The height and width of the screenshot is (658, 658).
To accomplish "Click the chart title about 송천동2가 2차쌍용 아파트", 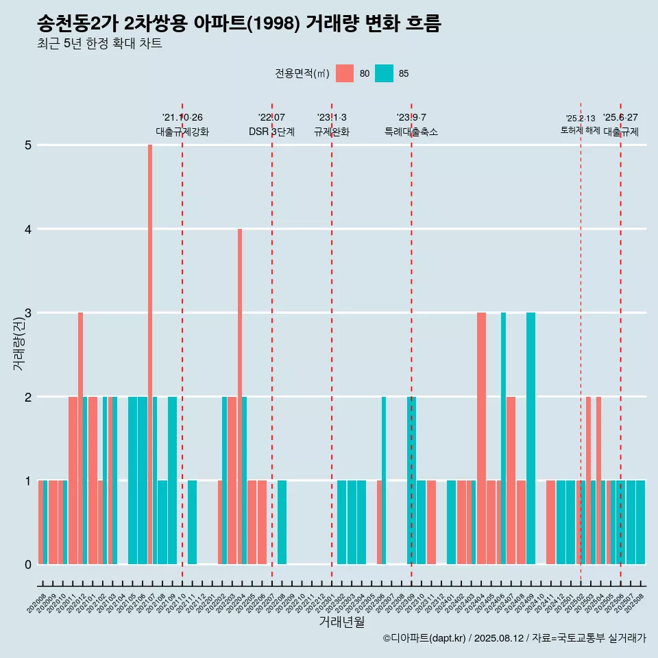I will click(239, 24).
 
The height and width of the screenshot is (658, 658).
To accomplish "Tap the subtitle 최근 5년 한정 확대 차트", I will click(99, 45).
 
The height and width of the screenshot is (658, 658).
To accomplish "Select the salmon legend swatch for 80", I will click(345, 73).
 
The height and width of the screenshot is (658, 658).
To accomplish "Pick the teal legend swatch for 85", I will click(385, 73).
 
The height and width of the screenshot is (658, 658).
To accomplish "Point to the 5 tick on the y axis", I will click(28, 145).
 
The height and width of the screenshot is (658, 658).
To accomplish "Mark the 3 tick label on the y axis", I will click(28, 313).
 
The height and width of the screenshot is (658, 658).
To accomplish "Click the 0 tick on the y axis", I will click(28, 565).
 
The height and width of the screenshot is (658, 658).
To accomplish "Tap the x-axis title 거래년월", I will click(341, 622).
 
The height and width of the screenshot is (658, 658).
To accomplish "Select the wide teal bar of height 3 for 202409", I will click(531, 439).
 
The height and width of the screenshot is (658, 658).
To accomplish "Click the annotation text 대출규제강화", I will click(182, 132).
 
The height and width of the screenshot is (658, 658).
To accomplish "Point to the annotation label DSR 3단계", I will click(271, 132).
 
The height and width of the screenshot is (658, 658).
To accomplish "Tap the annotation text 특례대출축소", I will click(411, 132).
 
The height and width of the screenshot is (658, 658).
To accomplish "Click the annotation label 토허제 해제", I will click(580, 130).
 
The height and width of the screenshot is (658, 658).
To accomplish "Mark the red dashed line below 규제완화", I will click(332, 343).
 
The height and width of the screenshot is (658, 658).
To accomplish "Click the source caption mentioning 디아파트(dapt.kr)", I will click(514, 638).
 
